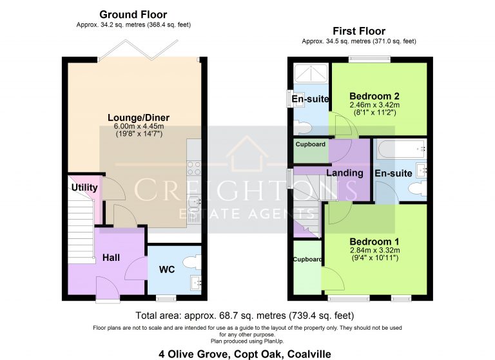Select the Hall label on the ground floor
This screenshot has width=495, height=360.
click(111, 258)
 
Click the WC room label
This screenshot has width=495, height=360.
click(166, 269)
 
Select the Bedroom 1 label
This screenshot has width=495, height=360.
click(374, 242)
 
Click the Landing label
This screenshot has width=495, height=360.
click(345, 173)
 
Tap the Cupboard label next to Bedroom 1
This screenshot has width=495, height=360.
click(307, 260)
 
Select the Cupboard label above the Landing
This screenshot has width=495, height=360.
click(310, 144)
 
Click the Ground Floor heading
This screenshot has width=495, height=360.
click(133, 14)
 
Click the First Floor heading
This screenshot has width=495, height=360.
click(359, 31)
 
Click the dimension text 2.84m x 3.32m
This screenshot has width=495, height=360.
click(374, 251)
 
